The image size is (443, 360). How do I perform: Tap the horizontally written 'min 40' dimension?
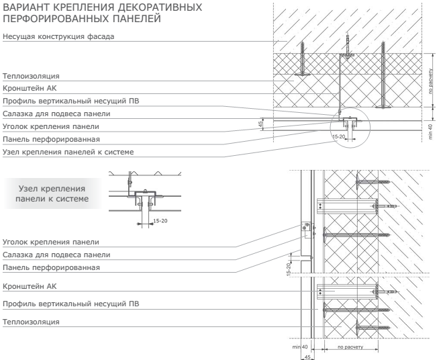tap(299, 347)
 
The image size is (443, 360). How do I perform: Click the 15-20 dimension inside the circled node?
tap(340, 136)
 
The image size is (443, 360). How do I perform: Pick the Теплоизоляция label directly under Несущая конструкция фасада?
tap(31, 77)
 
